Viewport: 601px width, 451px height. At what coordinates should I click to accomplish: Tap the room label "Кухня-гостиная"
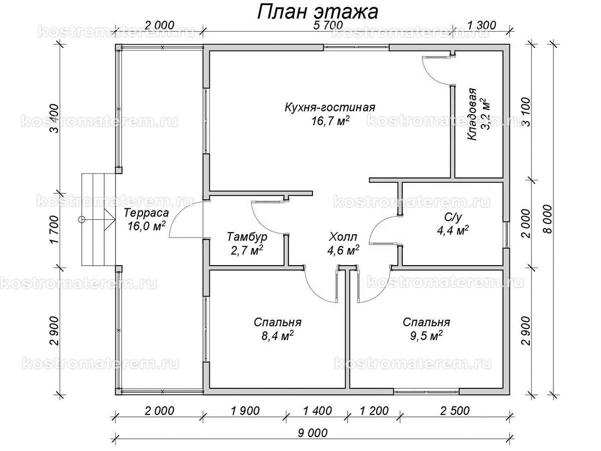point(330,107)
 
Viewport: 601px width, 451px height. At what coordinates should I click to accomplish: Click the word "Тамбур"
point(247,236)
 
